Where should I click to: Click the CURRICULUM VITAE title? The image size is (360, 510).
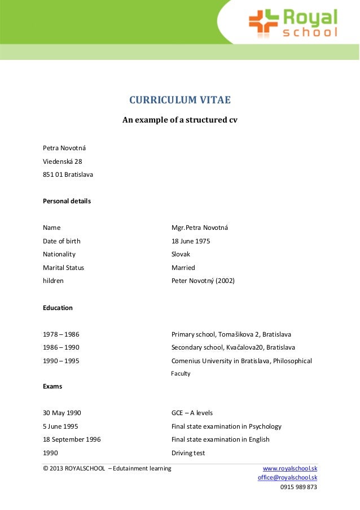(180, 101)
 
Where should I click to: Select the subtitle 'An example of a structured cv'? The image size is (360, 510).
(180, 120)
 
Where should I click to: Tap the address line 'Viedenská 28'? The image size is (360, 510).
(63, 161)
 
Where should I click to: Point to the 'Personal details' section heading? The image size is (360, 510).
(67, 200)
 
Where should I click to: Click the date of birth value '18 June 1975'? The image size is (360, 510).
(191, 241)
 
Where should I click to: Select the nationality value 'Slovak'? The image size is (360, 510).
(181, 254)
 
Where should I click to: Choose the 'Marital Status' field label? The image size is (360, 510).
(63, 268)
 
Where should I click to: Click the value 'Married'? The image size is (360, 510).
(183, 268)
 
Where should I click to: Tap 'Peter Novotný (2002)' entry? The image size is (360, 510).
(203, 281)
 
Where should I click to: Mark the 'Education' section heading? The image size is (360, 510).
(58, 308)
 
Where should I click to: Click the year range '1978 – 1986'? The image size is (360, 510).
(61, 334)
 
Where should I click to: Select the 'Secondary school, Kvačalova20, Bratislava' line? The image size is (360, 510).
(233, 347)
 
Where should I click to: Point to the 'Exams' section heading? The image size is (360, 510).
(52, 386)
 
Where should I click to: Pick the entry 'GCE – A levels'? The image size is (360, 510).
(192, 413)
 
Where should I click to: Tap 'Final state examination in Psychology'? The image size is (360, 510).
(226, 426)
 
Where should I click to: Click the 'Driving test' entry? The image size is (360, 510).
(188, 453)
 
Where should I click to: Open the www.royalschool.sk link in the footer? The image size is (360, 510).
(290, 468)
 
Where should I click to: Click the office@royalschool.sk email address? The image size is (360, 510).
(287, 477)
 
